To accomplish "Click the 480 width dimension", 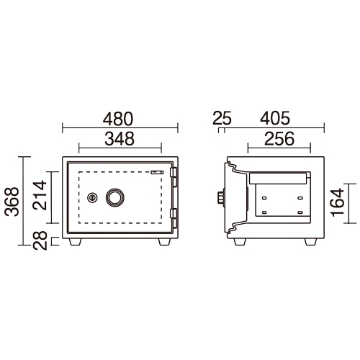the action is click(118, 119).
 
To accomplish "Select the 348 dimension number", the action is click(120, 139).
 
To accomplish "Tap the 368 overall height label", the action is click(12, 202).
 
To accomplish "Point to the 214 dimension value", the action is click(40, 195).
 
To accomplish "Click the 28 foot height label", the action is click(40, 240).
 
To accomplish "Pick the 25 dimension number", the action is click(222, 118).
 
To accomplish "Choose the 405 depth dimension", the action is click(275, 118).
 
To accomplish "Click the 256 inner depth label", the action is click(279, 139).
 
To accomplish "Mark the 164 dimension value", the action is click(338, 202).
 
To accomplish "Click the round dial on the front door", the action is click(115, 198).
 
